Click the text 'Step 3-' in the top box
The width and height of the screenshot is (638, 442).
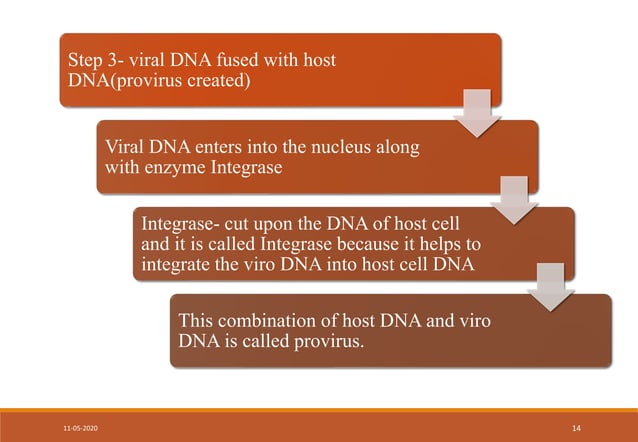[x=92, y=61]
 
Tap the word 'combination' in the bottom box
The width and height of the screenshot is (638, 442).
[x=274, y=320]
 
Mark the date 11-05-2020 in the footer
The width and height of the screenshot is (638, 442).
[x=79, y=427]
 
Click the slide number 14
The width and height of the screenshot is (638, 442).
[x=576, y=427]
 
